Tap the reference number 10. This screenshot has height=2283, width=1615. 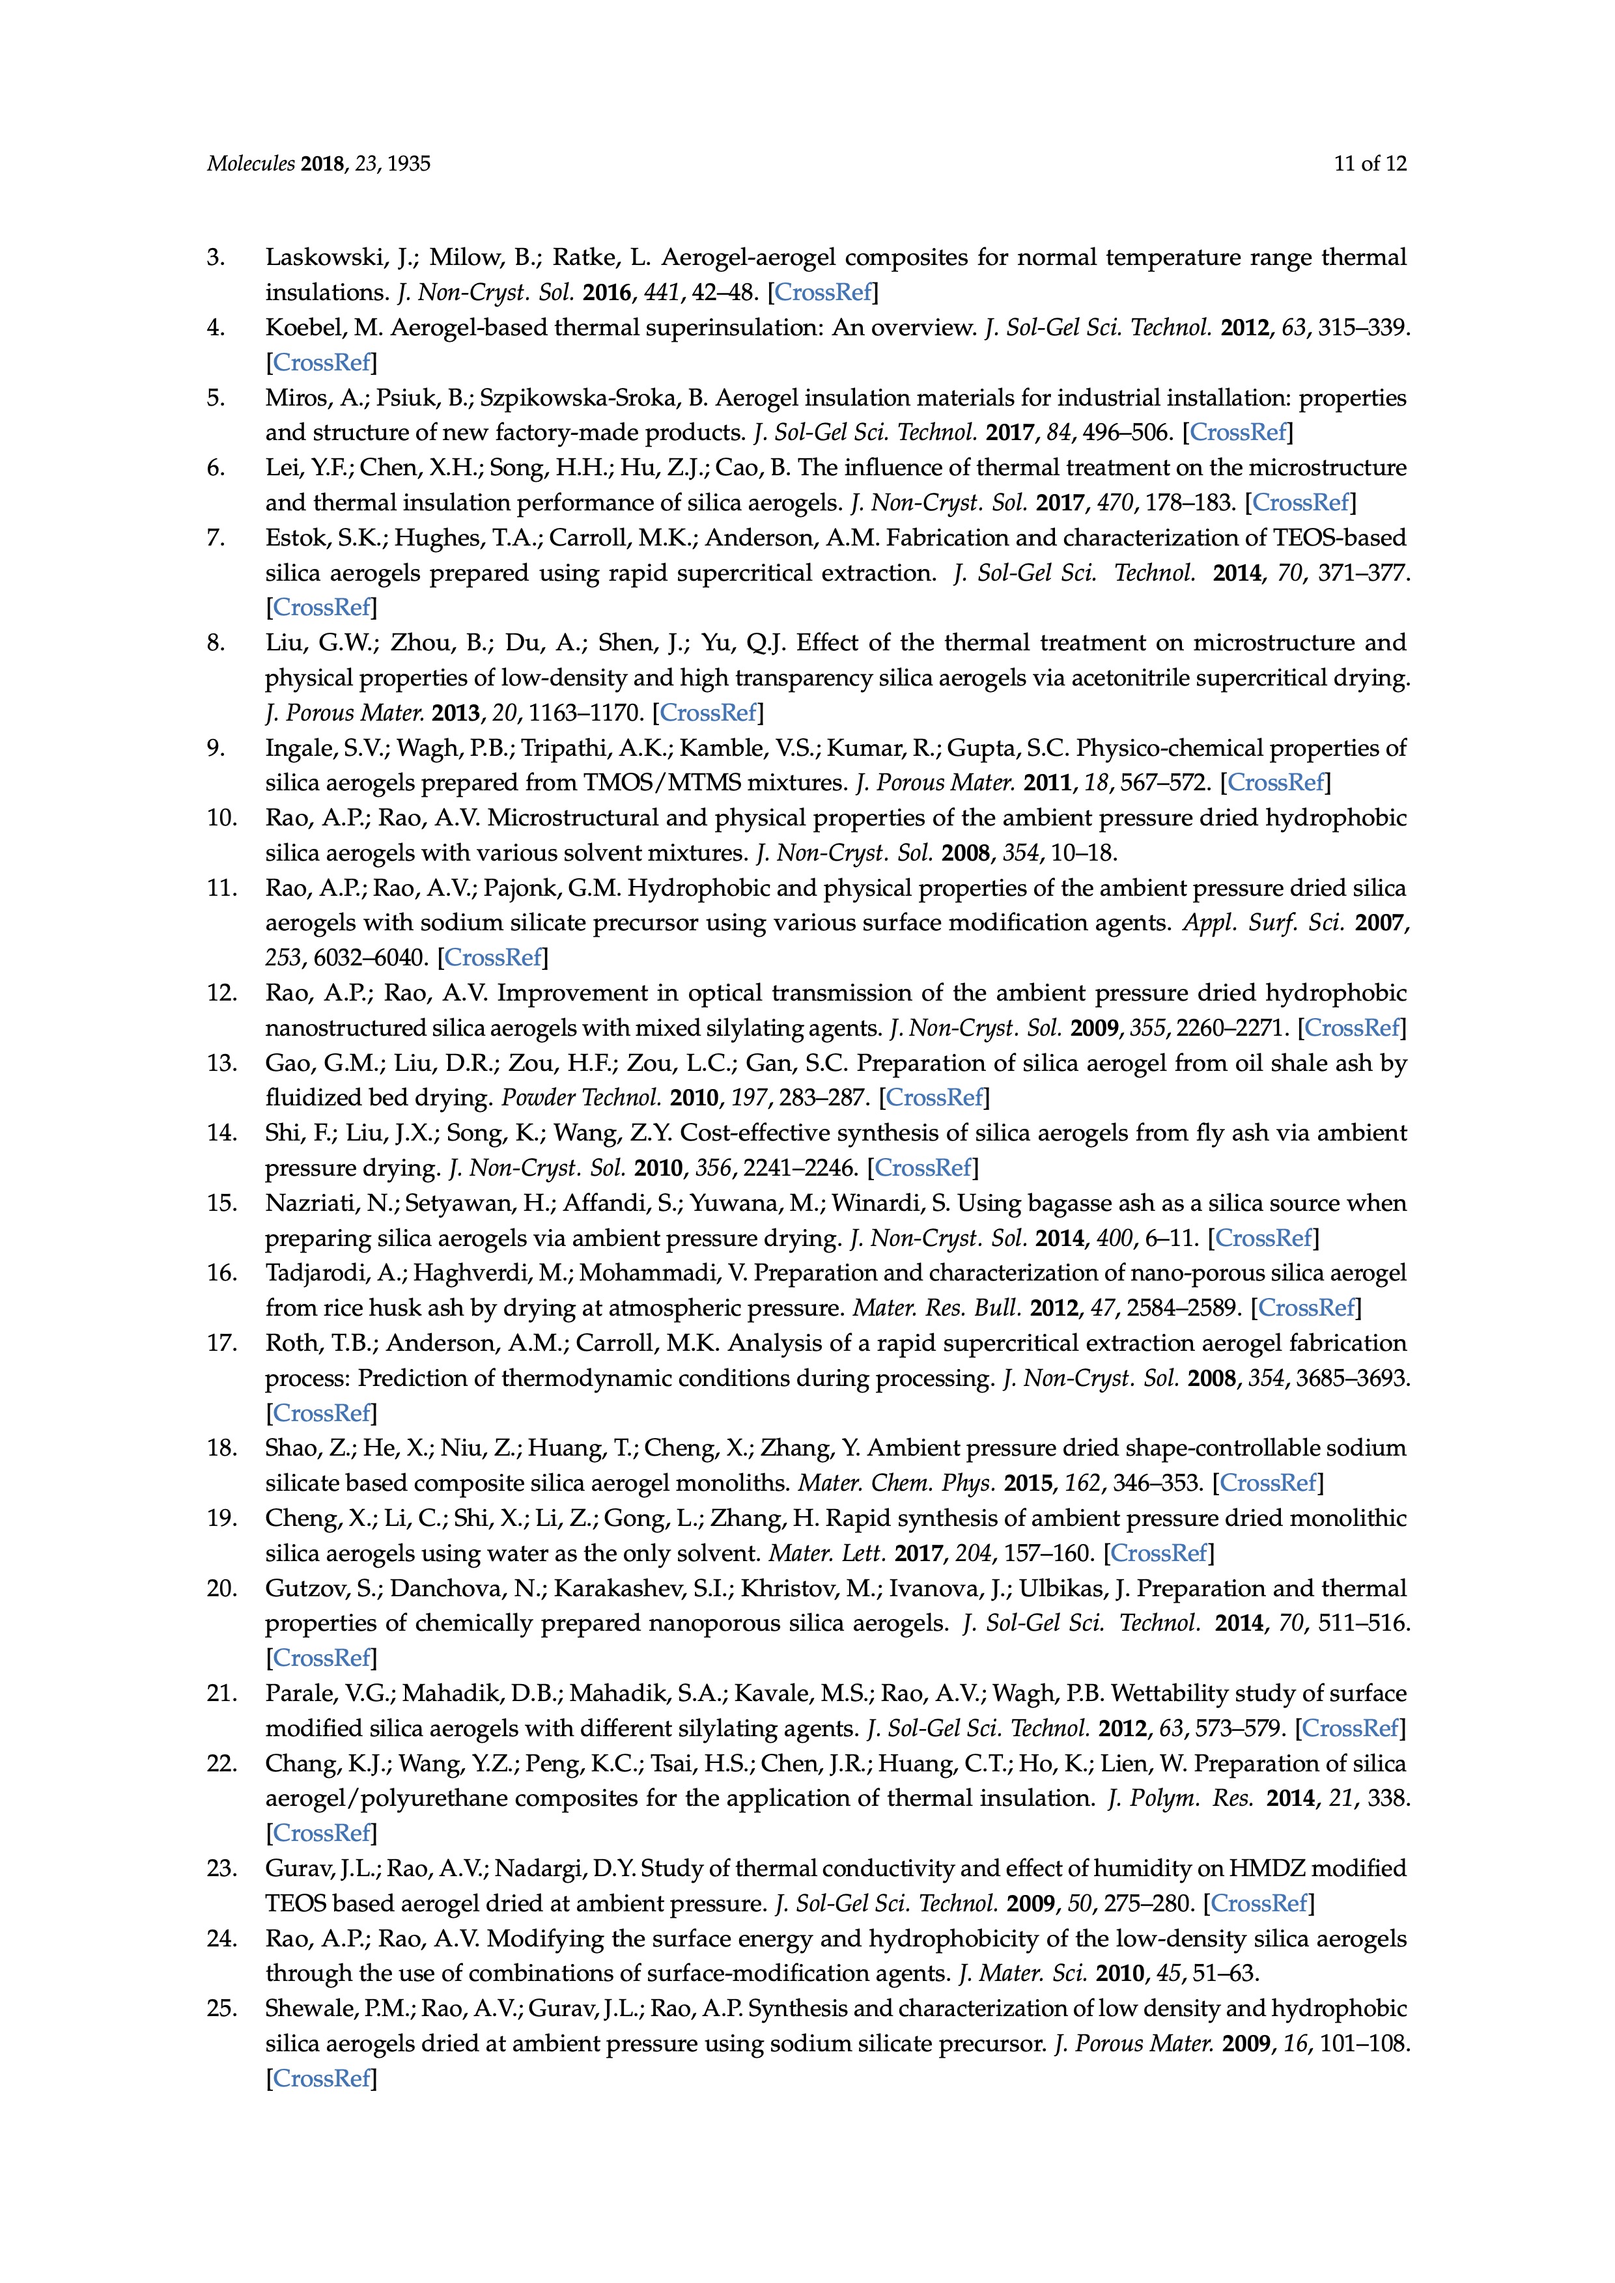pyautogui.click(x=222, y=818)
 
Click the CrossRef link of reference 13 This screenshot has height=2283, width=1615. pyautogui.click(x=934, y=1098)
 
